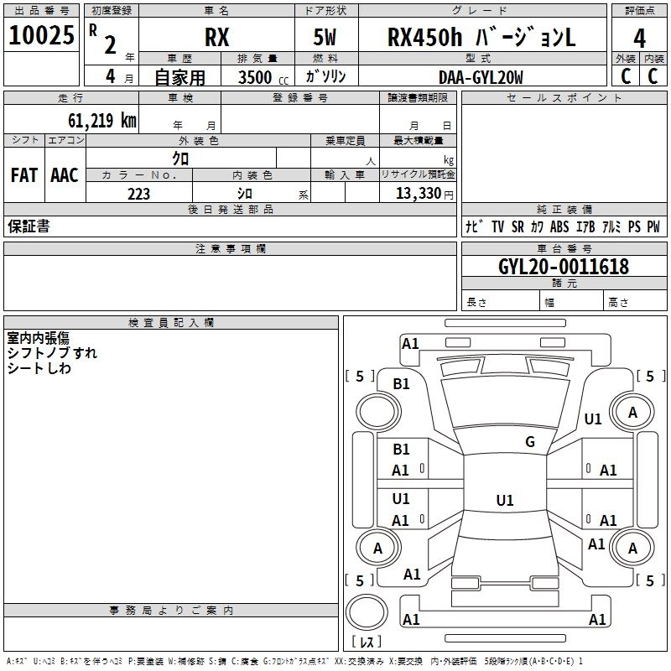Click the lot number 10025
(41, 36)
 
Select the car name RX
(216, 39)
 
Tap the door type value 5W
(326, 39)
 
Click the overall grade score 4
(639, 39)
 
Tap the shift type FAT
(23, 175)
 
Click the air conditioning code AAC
(65, 175)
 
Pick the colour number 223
(138, 194)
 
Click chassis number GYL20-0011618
(551, 267)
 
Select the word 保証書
(29, 226)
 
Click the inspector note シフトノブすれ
(51, 353)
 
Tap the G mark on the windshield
(529, 442)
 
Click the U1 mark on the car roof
(504, 501)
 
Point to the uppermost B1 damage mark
(402, 383)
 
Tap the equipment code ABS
(559, 226)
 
